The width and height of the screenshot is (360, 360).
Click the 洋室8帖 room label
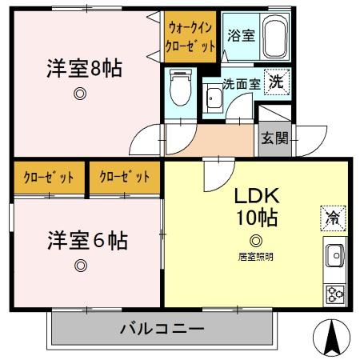82,69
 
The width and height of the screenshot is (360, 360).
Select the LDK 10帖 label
256,206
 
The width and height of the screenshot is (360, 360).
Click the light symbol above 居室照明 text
255,240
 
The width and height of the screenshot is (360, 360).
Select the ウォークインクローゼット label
190,38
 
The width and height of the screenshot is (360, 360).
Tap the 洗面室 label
241,82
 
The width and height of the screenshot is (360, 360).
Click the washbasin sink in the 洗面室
214,99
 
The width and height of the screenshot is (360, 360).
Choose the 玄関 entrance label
269,137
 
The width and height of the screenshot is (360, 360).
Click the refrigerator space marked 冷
330,215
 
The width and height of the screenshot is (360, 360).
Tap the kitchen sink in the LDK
334,257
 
